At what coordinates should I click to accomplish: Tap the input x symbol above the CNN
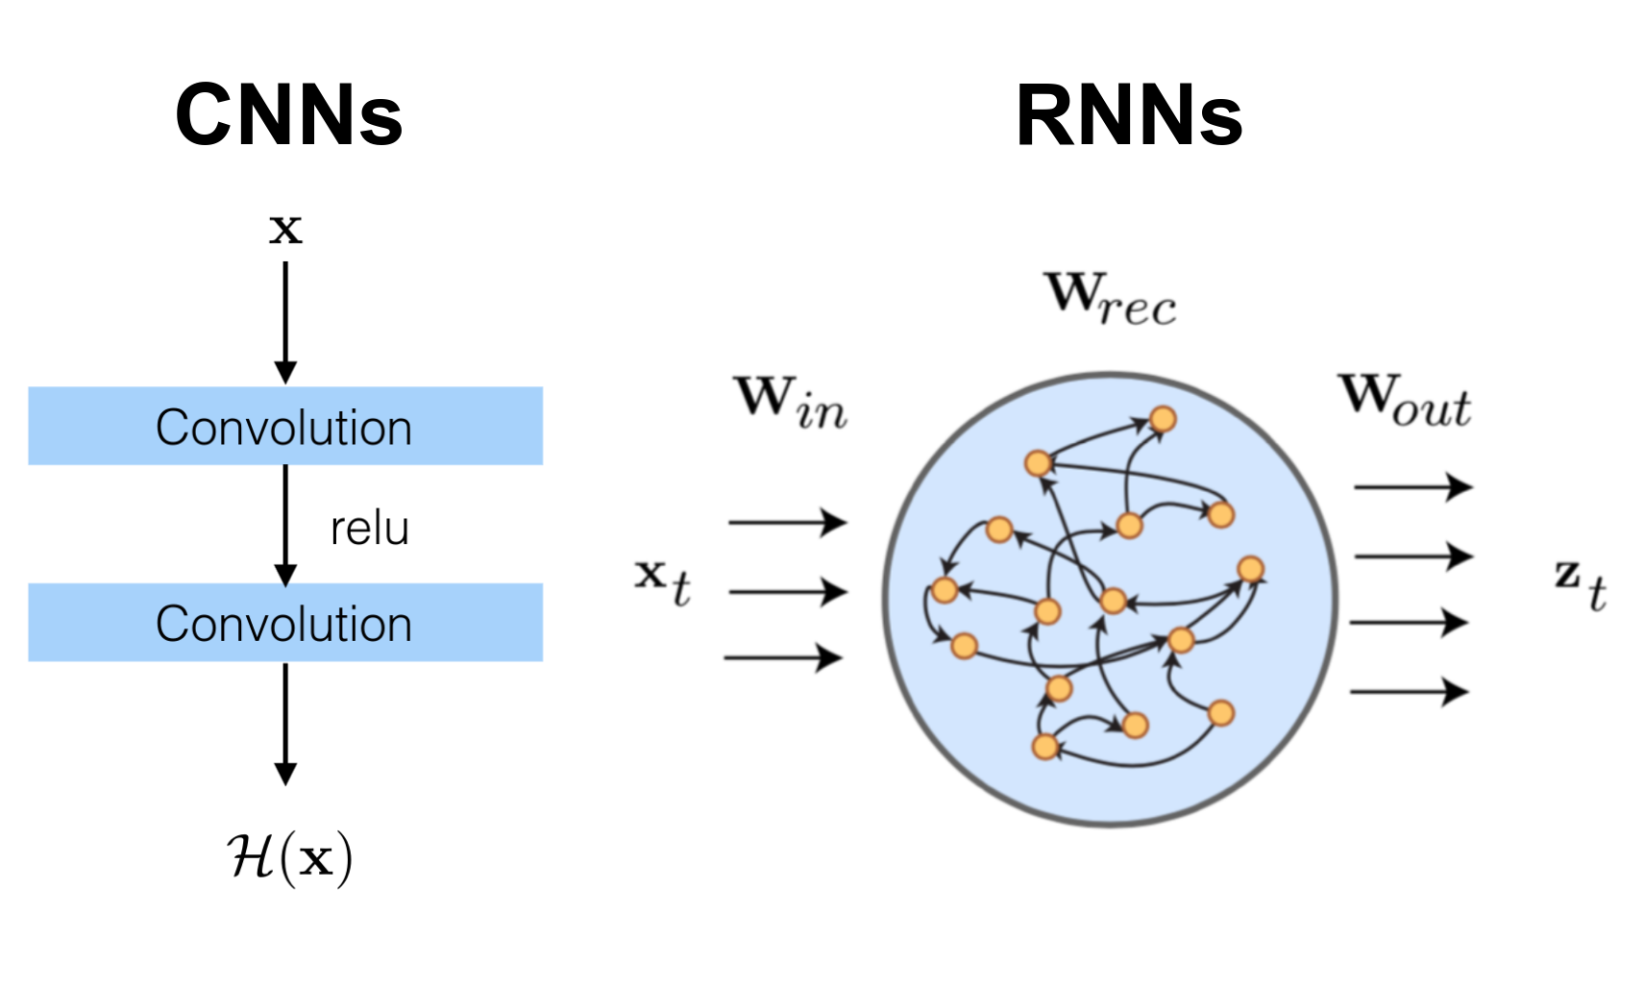point(285,229)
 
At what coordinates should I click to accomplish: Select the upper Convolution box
point(285,426)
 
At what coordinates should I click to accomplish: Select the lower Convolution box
point(285,623)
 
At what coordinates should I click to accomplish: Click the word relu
point(370,529)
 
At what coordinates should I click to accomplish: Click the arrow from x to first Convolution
point(285,322)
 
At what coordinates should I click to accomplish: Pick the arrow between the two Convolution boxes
point(285,524)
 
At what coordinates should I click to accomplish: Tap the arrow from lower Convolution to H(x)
point(285,723)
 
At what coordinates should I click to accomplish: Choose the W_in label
point(791,401)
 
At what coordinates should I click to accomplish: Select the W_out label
point(1405,399)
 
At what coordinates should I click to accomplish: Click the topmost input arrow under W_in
point(787,523)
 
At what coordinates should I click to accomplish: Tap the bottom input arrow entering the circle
point(783,658)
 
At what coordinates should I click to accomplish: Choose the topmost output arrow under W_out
point(1412,487)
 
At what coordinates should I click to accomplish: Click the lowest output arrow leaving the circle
point(1409,691)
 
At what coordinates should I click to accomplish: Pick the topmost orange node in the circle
point(1163,419)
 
